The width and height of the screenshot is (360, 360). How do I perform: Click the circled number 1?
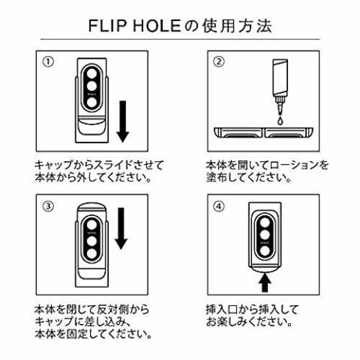(48, 62)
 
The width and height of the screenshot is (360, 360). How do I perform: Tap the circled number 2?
(219, 62)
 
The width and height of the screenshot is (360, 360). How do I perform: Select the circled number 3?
(48, 206)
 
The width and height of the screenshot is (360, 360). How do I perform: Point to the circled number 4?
(219, 206)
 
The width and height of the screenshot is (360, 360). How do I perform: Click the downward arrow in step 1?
(123, 122)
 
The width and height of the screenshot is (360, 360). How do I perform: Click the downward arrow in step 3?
(121, 228)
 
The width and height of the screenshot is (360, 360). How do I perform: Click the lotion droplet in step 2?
(280, 121)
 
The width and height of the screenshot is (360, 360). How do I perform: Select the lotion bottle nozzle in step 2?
(280, 105)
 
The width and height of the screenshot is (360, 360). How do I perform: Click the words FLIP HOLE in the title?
(135, 26)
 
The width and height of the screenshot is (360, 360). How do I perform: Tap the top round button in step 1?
(91, 73)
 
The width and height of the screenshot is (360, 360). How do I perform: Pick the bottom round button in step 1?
(91, 102)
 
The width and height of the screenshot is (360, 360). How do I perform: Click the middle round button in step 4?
(265, 235)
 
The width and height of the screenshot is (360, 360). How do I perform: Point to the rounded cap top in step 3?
(91, 207)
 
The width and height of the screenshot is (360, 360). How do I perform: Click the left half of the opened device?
(238, 132)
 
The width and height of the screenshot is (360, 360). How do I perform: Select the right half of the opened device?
(289, 132)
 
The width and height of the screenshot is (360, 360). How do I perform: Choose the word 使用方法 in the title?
(237, 26)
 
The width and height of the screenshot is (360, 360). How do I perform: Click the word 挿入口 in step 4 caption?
(221, 310)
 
